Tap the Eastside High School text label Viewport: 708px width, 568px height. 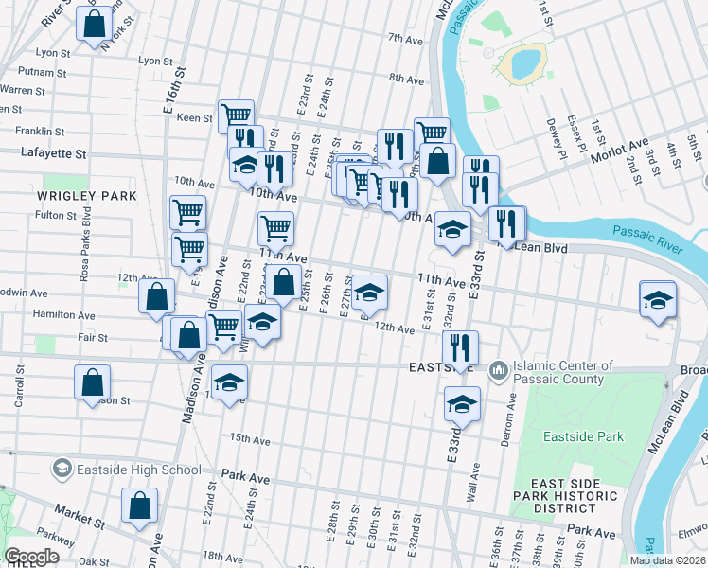click(140, 470)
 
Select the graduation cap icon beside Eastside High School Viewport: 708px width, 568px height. click(62, 469)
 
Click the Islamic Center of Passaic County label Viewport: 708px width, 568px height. click(564, 372)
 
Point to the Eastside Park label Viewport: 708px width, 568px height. click(584, 436)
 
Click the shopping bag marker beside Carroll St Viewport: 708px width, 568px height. click(92, 382)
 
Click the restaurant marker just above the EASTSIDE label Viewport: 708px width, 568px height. click(460, 346)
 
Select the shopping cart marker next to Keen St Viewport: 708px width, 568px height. click(236, 116)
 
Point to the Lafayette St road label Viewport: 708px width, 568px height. click(54, 152)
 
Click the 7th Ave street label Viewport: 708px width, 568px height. click(405, 39)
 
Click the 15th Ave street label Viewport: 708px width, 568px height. click(250, 439)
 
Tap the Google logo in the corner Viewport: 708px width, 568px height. click(31, 557)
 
